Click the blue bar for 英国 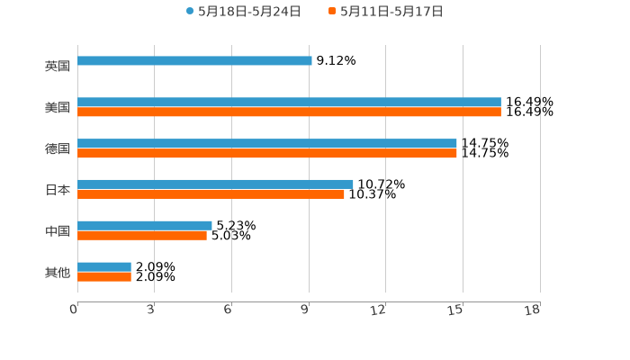pos(194,61)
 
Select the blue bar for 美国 pos(289,103)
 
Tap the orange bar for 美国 pos(289,112)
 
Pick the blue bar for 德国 pos(267,144)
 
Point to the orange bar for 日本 pos(211,194)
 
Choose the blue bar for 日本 pos(215,184)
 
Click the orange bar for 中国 pos(142,236)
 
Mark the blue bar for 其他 pos(104,266)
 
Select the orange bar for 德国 pos(267,154)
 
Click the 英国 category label pos(58,67)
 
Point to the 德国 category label pos(58,148)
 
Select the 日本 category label pos(58,190)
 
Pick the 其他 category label pos(58,272)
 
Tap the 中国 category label pos(58,231)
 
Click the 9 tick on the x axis pos(306,310)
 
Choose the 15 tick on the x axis pos(456,310)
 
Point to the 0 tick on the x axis pos(74,310)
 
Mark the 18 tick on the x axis pos(533,310)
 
